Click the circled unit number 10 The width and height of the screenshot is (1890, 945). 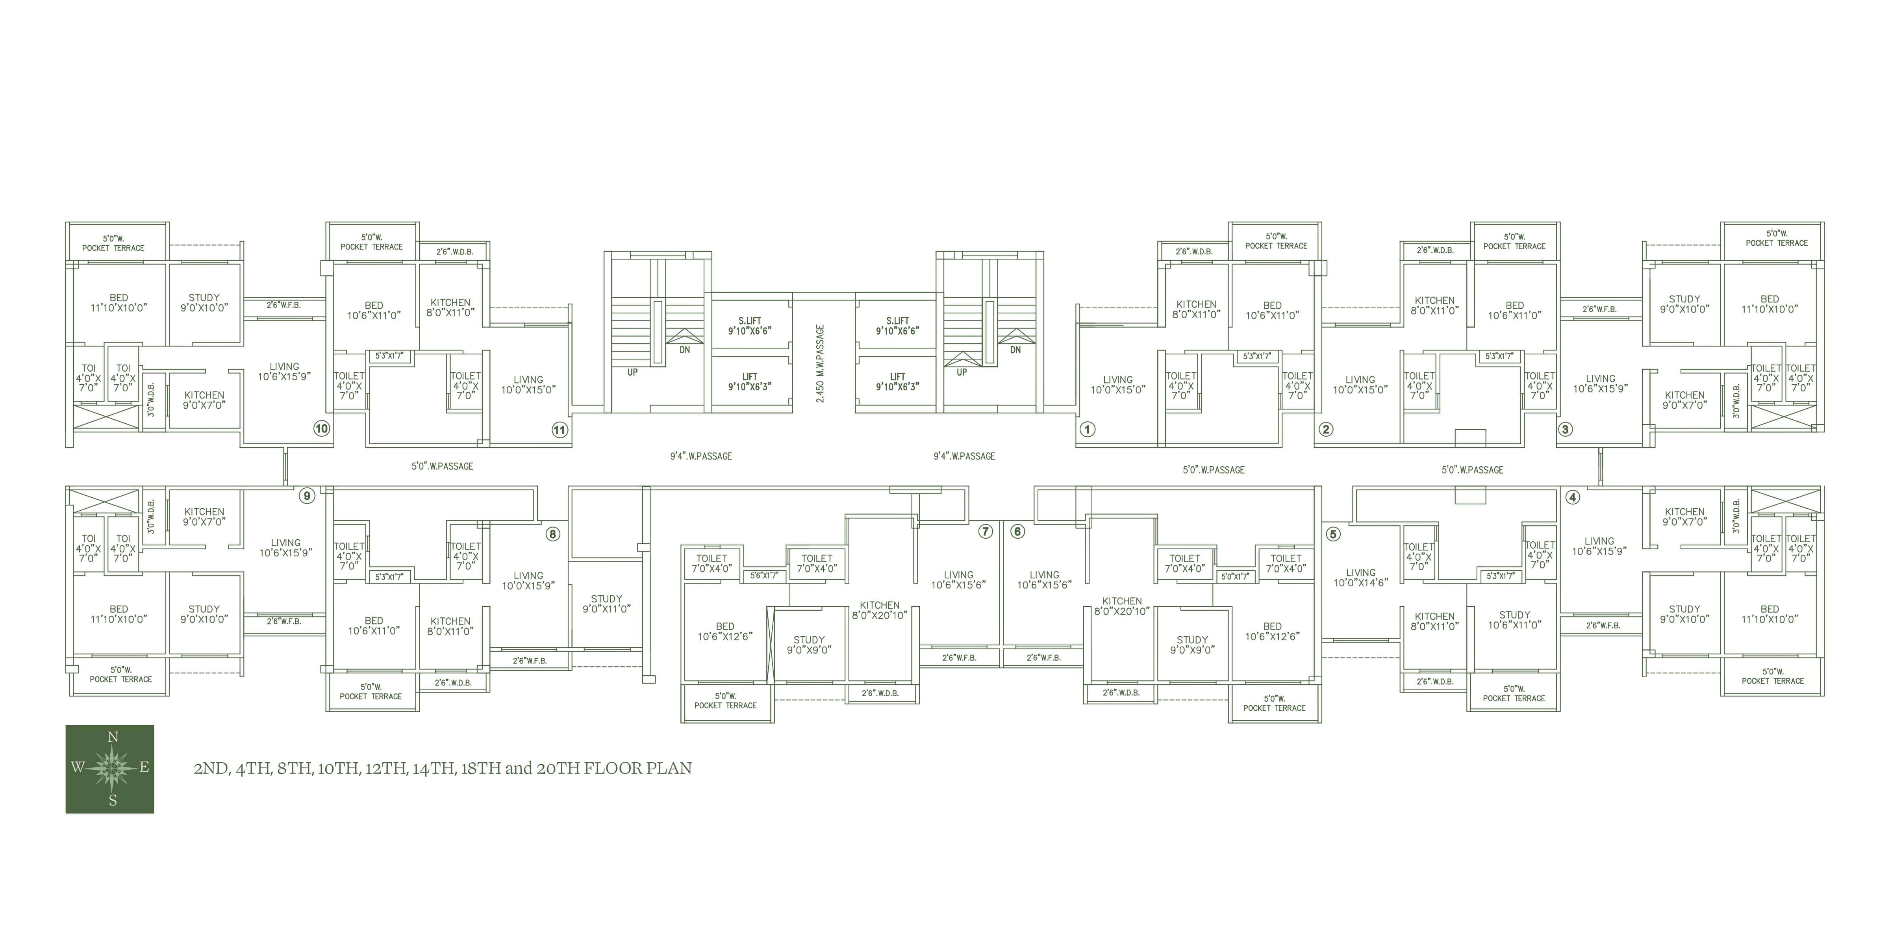(321, 428)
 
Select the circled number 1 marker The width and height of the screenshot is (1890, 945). (1087, 429)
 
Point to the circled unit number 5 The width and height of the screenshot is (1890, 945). (1333, 534)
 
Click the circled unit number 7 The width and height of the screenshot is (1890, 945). (985, 531)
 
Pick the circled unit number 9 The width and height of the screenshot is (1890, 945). (307, 496)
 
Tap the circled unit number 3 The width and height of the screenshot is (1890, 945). (1565, 429)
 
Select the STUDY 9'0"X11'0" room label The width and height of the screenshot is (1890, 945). (607, 604)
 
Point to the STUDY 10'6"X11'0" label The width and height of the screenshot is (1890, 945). (1514, 620)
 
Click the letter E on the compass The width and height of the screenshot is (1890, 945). (145, 767)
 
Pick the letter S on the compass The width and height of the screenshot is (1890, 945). (113, 800)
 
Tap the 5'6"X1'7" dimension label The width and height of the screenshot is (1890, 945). (764, 576)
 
